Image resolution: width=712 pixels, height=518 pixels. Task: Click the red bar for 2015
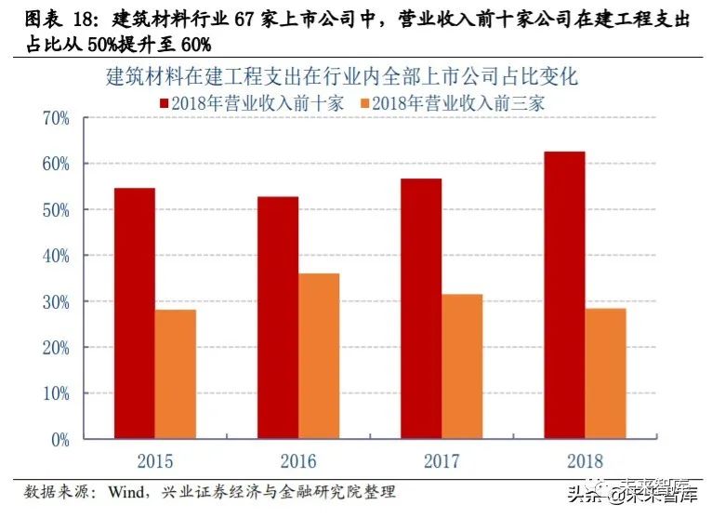click(x=135, y=312)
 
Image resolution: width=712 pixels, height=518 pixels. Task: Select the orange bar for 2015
click(x=175, y=374)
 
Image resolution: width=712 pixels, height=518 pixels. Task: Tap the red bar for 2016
click(x=278, y=317)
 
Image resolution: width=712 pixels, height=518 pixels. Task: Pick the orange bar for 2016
click(x=319, y=355)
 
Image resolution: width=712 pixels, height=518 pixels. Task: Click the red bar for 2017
click(x=421, y=308)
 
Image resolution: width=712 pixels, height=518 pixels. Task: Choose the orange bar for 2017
click(x=462, y=366)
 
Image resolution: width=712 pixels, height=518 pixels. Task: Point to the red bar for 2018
click(x=564, y=295)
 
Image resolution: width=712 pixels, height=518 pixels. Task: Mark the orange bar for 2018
click(x=605, y=373)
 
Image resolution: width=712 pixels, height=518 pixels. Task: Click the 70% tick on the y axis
click(x=56, y=118)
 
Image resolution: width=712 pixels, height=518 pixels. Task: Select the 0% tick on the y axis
click(x=59, y=439)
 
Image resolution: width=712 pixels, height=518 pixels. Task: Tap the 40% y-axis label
click(x=56, y=256)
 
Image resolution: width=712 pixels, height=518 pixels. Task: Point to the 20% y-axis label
click(x=56, y=348)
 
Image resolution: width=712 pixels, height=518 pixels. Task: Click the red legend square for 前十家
click(x=165, y=103)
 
